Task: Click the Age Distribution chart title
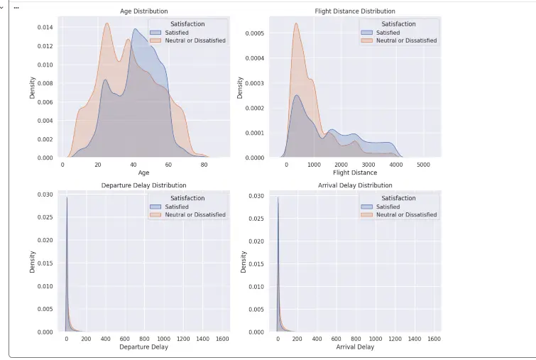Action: (x=143, y=11)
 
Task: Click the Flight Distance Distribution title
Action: (x=355, y=11)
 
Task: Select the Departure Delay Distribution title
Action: (x=143, y=186)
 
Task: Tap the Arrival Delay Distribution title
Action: (x=355, y=186)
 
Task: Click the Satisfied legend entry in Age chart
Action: (x=176, y=33)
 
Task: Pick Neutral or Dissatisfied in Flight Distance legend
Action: (x=406, y=40)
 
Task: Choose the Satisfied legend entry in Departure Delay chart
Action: (x=176, y=207)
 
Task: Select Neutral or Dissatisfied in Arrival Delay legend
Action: (x=406, y=214)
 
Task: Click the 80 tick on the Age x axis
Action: (x=204, y=165)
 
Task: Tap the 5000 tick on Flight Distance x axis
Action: (x=423, y=165)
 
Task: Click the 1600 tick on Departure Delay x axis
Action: (x=222, y=339)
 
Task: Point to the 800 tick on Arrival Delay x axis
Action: (x=356, y=339)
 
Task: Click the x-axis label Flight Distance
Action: (x=355, y=173)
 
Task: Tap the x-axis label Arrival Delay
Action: (x=355, y=347)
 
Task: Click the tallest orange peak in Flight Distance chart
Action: (x=295, y=25)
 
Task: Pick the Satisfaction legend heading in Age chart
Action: (x=187, y=24)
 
